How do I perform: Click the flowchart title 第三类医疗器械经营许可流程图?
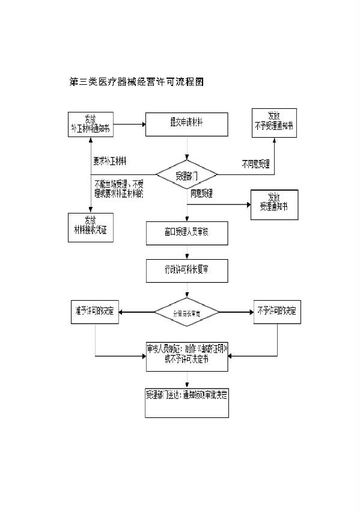137,82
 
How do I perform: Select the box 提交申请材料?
186,124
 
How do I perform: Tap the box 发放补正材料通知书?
90,124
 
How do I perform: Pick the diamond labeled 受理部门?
186,175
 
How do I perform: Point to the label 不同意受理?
255,163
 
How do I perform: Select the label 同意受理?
202,194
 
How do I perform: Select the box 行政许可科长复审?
186,271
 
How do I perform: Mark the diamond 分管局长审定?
186,312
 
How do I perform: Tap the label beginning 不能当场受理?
119,188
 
